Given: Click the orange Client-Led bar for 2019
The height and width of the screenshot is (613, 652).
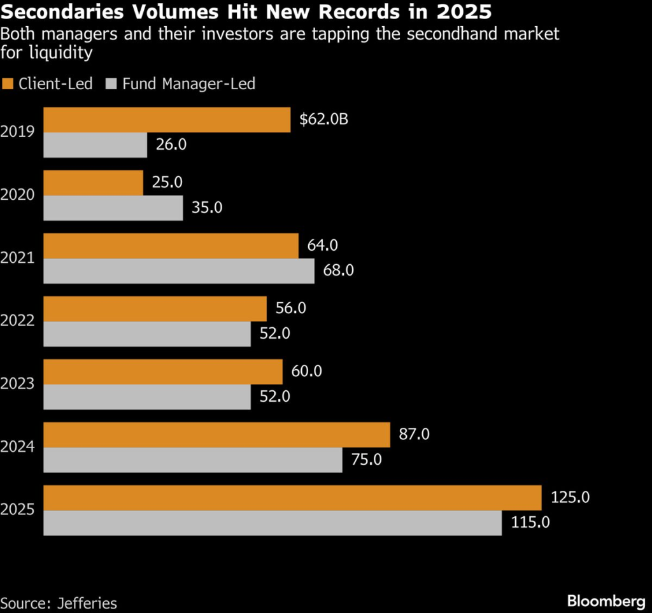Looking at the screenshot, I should [167, 120].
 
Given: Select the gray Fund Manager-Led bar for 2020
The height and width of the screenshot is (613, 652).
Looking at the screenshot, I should [113, 208].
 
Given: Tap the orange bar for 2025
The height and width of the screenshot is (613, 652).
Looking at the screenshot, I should [292, 498].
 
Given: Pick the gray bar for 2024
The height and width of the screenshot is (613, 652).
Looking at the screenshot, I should [192, 460].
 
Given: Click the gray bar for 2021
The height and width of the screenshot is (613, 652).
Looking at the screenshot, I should [179, 271].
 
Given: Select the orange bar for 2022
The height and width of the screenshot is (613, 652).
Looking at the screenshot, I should [155, 309].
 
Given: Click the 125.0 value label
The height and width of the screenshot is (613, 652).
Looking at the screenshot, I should [569, 497].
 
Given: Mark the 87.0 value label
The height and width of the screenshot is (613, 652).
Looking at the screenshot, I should [415, 434].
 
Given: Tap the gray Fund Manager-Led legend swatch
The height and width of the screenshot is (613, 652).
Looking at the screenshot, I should [112, 84].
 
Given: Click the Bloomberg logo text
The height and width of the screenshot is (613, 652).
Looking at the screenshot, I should [605, 601].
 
